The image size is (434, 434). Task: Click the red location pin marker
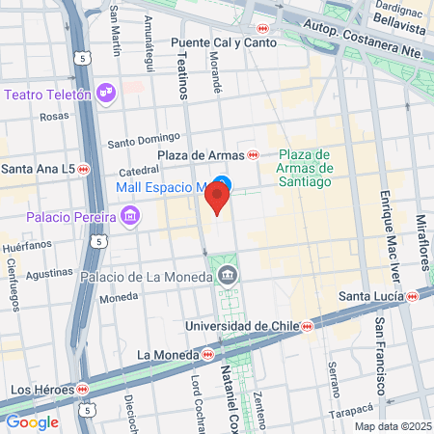tap(218, 200)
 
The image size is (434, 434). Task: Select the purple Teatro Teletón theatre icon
tap(107, 94)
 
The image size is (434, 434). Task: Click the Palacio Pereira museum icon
tap(131, 216)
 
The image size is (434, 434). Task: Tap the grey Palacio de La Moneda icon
tap(227, 277)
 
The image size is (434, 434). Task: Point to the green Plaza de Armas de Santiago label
tap(305, 168)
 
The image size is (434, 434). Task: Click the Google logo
tap(32, 421)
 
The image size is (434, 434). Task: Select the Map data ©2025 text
tap(392, 426)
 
